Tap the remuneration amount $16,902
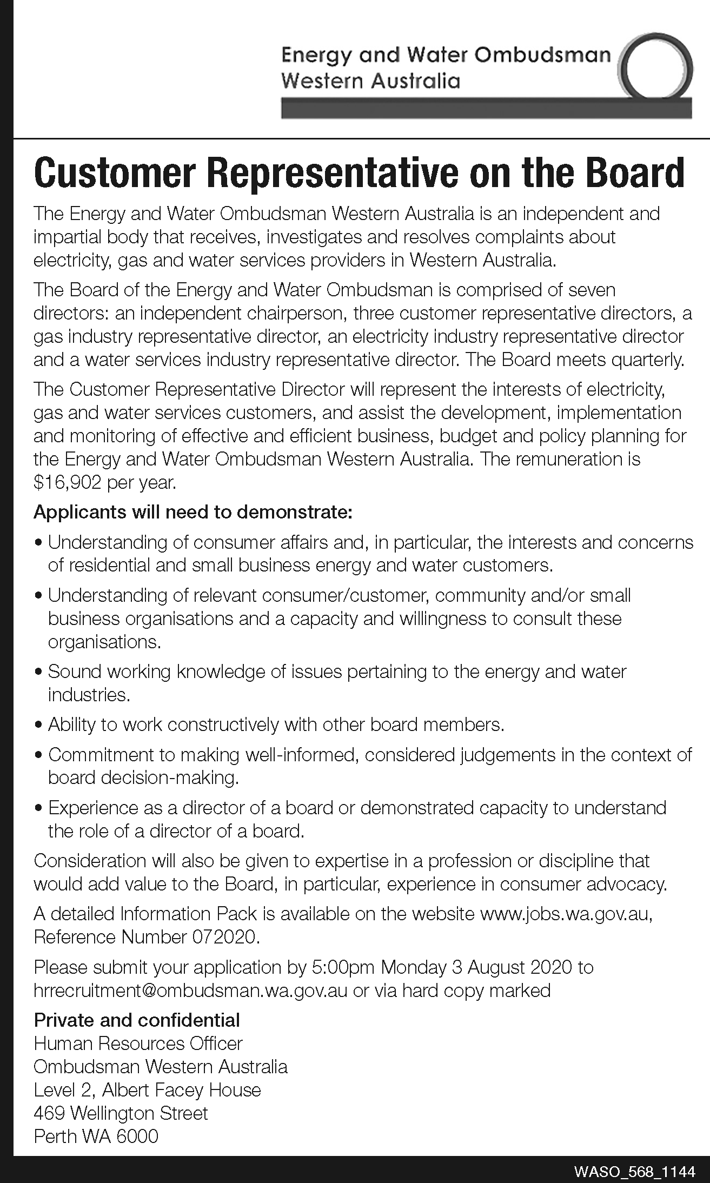pos(67,482)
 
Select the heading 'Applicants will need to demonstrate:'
pos(193,511)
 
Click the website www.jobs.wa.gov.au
pos(566,914)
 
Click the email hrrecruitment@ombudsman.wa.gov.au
pos(190,990)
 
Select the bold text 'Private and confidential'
pos(137,1020)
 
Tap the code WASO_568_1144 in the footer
pos(634,1171)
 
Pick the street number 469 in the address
pos(49,1113)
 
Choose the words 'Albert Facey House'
pos(181,1089)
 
